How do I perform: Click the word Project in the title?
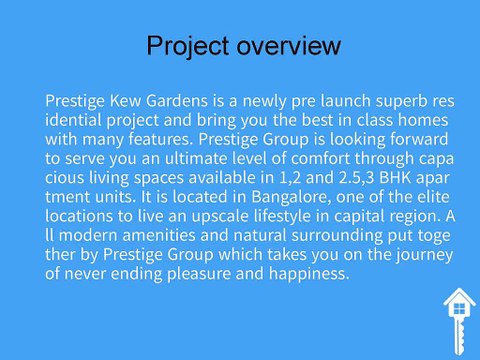[187, 46]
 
